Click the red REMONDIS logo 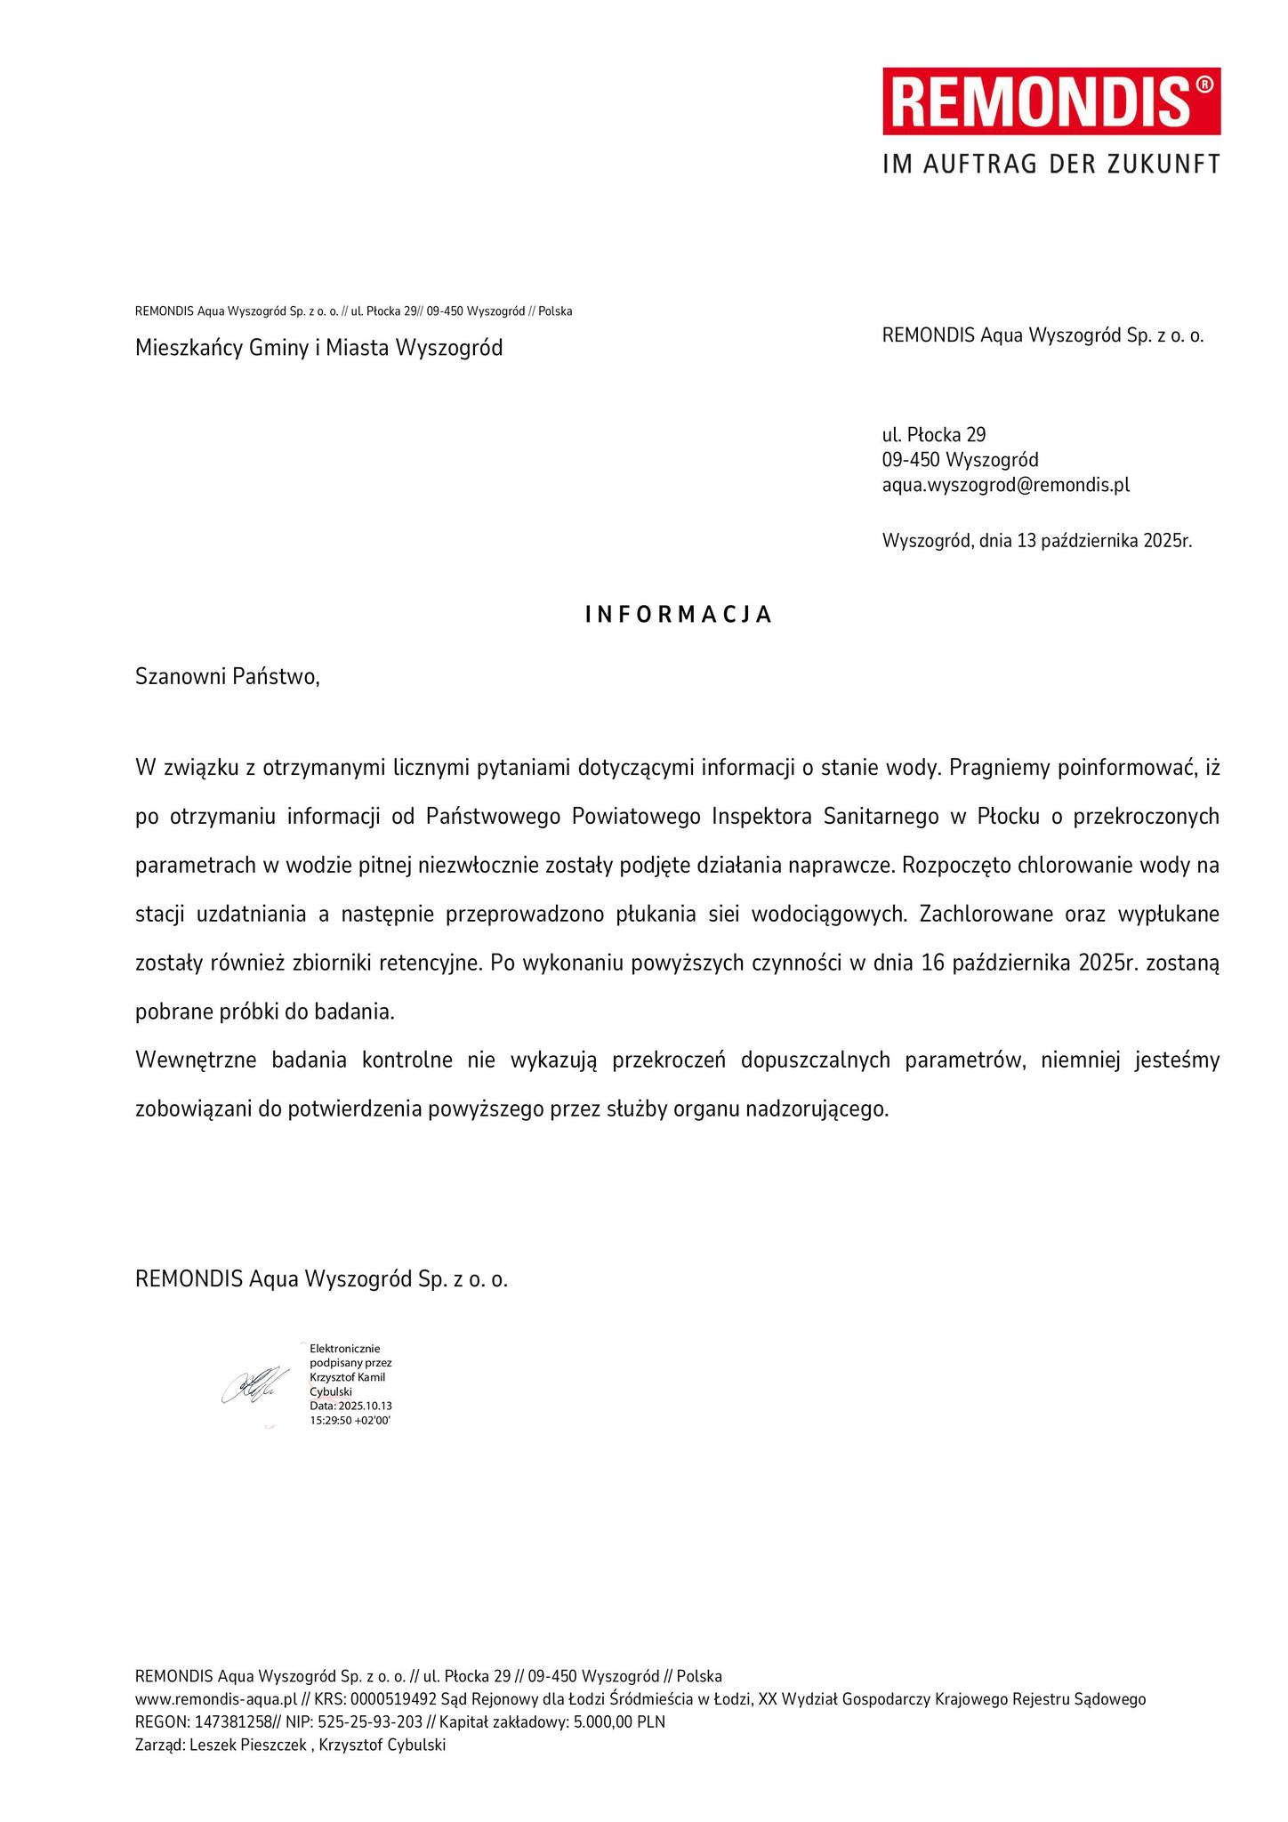click(1051, 101)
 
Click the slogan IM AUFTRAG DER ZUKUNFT click(1051, 164)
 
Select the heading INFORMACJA click(679, 615)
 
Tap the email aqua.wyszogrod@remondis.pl click(1005, 486)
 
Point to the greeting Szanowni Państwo click(227, 677)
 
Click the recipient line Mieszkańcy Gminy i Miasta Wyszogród click(318, 348)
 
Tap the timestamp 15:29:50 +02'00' click(350, 1421)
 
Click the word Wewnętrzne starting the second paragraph click(194, 1060)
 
